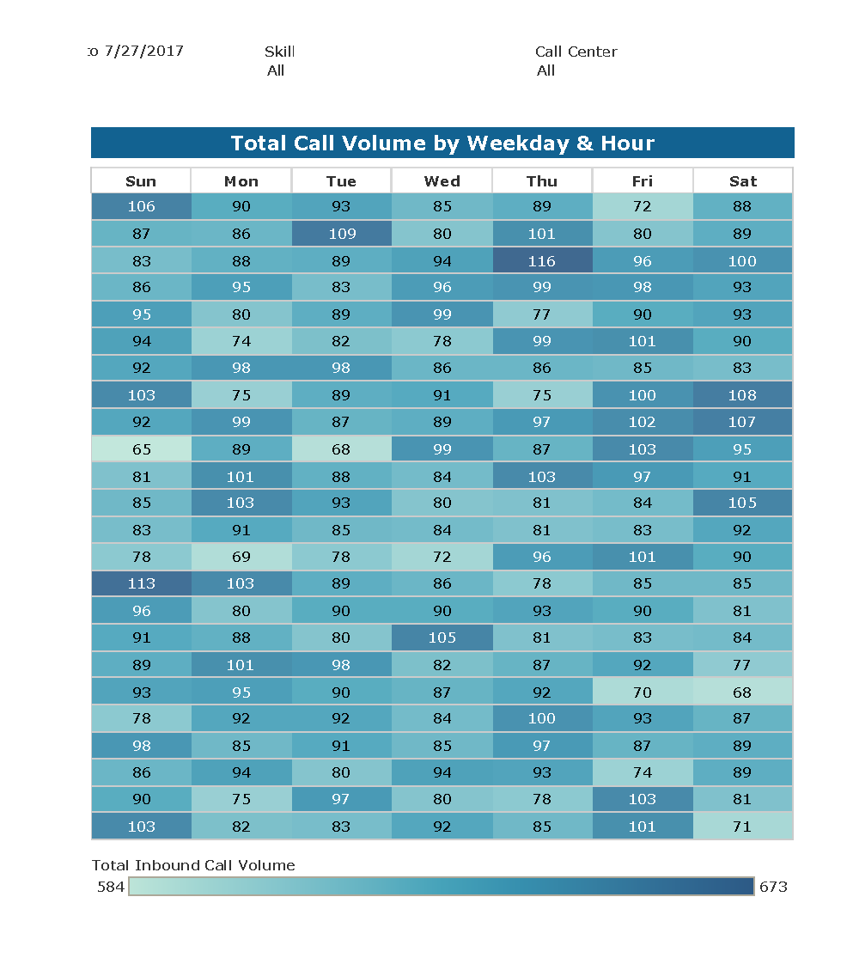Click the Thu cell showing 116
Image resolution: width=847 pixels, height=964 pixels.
542,261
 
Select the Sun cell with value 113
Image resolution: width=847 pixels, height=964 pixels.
141,583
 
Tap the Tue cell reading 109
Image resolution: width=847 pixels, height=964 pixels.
341,234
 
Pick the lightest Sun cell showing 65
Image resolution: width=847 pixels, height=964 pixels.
141,449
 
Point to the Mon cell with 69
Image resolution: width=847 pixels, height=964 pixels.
241,557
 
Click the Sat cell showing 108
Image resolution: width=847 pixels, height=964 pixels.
742,395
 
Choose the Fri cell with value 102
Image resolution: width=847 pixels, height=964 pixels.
642,422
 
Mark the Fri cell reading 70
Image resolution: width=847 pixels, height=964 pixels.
642,692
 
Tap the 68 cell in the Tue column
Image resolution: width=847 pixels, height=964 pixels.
341,449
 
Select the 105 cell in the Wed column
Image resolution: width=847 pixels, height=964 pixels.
442,638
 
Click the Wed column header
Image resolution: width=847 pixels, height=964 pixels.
442,181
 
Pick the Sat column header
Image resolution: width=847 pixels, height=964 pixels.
742,181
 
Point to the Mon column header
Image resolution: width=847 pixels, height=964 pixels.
241,181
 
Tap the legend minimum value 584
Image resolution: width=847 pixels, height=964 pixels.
111,887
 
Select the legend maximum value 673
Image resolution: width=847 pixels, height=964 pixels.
773,887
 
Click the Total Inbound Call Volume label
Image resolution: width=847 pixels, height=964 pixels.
193,865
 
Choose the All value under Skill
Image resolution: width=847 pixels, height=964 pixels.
276,70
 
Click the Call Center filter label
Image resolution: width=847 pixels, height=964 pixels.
576,52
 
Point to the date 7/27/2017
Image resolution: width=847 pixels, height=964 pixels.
143,51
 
